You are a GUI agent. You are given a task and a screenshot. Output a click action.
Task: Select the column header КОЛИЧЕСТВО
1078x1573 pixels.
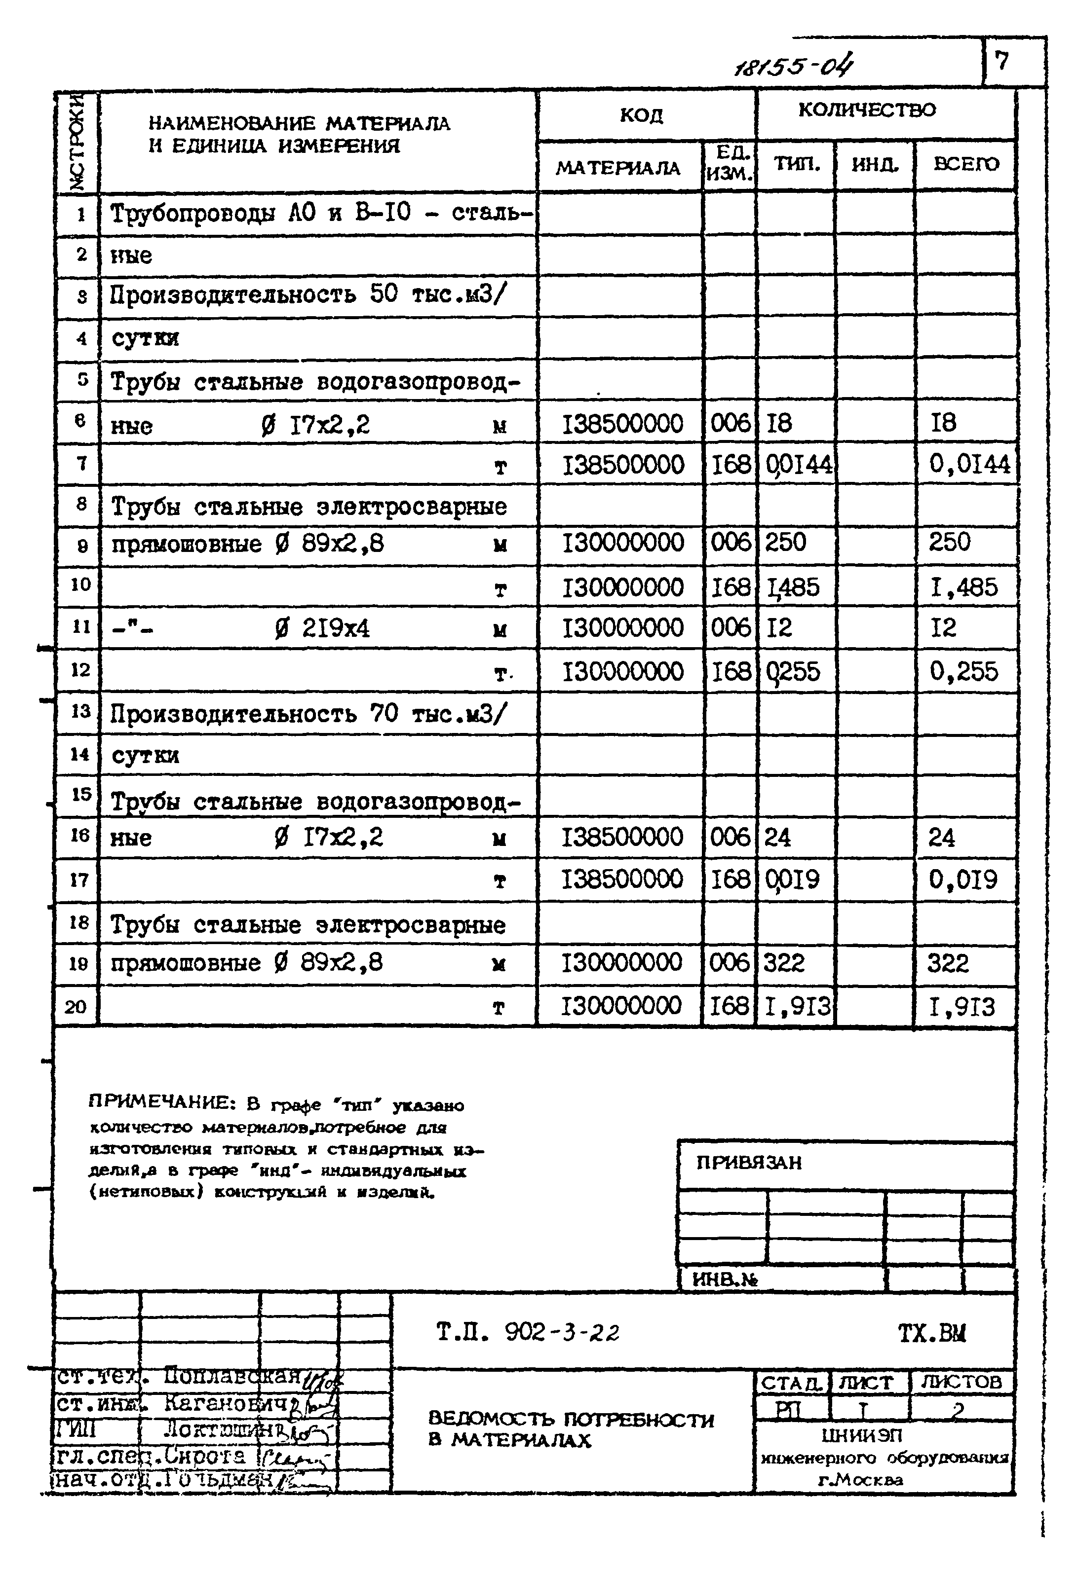[x=867, y=110]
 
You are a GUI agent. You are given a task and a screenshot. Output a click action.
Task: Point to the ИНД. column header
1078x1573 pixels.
[x=875, y=164]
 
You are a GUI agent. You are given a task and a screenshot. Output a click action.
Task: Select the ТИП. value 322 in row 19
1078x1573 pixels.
[x=784, y=962]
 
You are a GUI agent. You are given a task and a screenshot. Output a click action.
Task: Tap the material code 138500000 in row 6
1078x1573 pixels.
[x=623, y=424]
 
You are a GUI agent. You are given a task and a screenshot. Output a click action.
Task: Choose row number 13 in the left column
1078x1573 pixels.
[x=80, y=711]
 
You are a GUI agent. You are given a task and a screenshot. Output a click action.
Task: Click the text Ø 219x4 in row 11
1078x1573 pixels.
[x=322, y=629]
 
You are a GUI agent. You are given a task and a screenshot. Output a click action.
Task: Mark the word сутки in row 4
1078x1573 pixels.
[x=145, y=338]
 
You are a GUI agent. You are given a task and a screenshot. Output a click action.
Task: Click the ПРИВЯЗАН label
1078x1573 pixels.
[x=749, y=1162]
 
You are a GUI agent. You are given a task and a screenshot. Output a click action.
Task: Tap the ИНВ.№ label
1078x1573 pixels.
[x=725, y=1279]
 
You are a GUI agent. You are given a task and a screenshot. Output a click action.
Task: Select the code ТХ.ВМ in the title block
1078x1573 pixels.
[x=932, y=1333]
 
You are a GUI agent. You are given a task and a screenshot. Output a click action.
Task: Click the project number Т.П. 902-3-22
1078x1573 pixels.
[x=528, y=1333]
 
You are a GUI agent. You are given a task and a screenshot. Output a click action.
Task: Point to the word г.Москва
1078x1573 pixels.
[x=860, y=1480]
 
